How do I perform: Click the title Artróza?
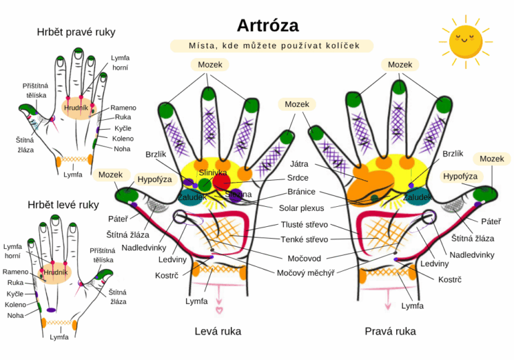pos(268,25)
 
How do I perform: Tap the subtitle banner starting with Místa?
pos(271,46)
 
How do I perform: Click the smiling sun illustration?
pos(466,39)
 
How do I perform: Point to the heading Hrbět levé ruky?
pos(63,204)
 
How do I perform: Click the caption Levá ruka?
pos(218,331)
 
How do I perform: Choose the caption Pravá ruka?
pos(390,331)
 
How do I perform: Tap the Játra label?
pos(299,164)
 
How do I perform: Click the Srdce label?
pos(298,178)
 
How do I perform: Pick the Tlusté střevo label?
pos(304,226)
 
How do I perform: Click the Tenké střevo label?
pos(304,240)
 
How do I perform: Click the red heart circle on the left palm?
pos(222,182)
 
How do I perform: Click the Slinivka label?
pos(213,173)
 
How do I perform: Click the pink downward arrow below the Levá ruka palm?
pos(218,308)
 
